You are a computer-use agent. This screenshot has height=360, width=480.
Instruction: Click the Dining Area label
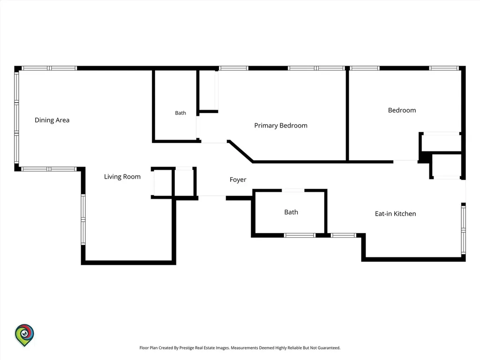52,120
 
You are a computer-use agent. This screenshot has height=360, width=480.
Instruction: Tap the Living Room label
122,177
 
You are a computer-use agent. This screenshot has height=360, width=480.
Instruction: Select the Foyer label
238,180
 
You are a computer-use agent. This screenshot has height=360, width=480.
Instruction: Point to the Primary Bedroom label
281,126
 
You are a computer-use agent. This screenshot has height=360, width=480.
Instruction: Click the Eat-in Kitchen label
396,214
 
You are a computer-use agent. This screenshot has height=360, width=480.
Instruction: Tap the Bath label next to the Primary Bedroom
180,113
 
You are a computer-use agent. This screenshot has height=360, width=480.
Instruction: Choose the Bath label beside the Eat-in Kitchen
291,212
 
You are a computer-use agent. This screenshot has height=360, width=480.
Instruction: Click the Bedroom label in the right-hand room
402,110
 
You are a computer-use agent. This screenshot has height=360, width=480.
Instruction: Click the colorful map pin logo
24,335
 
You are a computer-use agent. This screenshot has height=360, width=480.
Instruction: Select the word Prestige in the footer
187,348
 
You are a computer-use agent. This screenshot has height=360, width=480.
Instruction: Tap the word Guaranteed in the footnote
329,348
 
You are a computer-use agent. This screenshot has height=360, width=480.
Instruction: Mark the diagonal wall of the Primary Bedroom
240,151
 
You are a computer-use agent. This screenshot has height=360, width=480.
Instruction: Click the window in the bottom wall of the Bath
300,235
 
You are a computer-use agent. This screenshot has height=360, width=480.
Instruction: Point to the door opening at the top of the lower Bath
293,191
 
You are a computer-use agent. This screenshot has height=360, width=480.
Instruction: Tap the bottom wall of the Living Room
128,262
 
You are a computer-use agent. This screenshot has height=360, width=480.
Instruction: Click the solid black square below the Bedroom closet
424,157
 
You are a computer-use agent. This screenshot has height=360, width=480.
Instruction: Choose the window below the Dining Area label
49,169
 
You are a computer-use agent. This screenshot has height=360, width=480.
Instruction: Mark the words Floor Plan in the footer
149,348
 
